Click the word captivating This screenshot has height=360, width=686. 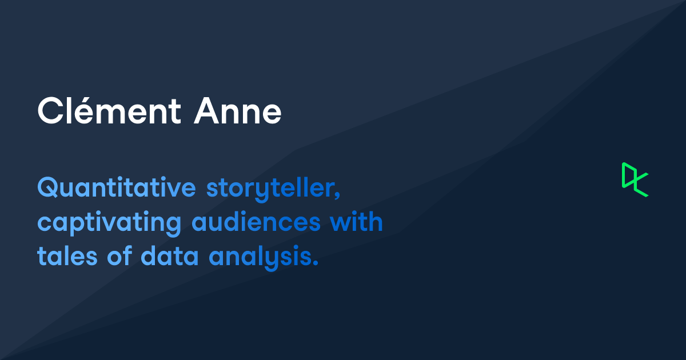[x=109, y=223]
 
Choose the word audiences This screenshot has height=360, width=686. [x=256, y=222]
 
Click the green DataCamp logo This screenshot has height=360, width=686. [x=635, y=179]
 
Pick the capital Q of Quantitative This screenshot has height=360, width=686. [x=48, y=189]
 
